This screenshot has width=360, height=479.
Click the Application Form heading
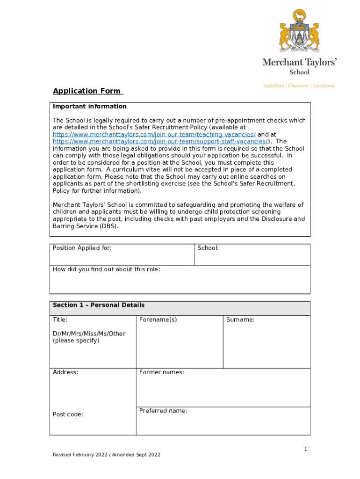point(87,91)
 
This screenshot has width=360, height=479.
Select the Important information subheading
point(90,107)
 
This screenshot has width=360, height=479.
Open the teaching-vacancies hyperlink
point(154,135)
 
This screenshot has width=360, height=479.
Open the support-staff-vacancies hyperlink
point(160,142)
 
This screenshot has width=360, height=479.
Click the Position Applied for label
point(82,248)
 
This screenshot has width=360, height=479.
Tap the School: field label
point(208,248)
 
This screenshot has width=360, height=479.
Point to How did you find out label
point(107,269)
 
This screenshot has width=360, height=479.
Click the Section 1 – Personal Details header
point(99,305)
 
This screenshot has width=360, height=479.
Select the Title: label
point(60,320)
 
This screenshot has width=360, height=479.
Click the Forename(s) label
point(158,320)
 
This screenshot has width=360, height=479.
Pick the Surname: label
point(240,320)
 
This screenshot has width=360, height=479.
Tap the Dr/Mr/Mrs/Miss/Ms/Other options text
point(89,334)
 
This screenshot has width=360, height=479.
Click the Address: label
point(65,372)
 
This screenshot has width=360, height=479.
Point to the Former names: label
point(162,372)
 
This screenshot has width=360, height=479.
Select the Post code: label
point(68,414)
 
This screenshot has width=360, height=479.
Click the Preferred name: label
point(163,411)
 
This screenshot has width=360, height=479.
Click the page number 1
point(306,450)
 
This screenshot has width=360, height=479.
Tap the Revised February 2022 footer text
point(107,455)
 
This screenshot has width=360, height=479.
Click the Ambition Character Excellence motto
point(299,86)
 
